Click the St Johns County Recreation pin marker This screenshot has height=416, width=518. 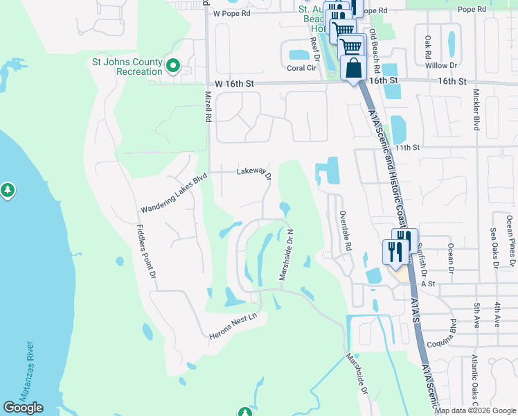point(173,67)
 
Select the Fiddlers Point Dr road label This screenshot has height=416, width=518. point(146,250)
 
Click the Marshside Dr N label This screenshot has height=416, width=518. point(287,254)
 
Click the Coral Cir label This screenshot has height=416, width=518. point(300,68)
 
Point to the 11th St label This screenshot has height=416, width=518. point(408,148)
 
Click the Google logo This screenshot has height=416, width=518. point(24,408)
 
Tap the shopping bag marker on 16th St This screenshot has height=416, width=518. point(354,69)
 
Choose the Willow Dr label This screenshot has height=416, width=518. point(442,66)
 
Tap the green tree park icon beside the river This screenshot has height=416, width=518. point(8,189)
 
